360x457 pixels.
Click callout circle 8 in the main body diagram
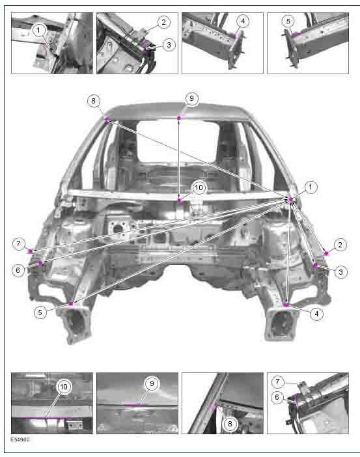pos(93,101)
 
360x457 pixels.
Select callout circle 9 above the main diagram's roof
pos(191,98)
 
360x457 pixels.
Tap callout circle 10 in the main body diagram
pos(199,187)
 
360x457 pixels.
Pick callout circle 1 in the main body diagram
pos(310,187)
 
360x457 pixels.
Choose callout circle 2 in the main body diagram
pos(340,245)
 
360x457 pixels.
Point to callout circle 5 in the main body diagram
pos(40,312)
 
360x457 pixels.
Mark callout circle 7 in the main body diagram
pos(19,243)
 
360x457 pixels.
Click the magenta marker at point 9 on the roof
pos(179,117)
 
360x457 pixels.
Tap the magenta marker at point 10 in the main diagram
pos(179,201)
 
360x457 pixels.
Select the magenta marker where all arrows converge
pos(290,200)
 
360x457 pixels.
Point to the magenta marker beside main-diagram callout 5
pos(70,304)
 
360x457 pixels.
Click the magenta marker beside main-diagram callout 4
pos(286,305)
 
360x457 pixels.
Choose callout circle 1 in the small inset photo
pos(38,30)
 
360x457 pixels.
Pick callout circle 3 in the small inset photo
pos(169,45)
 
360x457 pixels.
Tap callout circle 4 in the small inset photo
pos(243,21)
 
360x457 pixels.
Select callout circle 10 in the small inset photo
pos(64,387)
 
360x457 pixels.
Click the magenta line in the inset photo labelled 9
pos(135,404)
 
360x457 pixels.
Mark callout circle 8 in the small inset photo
pos(230,424)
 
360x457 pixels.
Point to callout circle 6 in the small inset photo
pos(277,397)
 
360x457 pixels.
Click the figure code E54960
pos(20,439)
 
